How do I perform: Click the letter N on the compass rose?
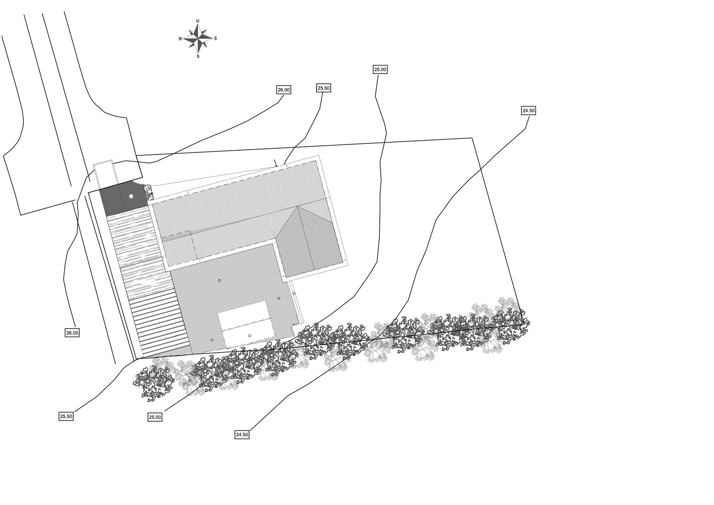point(198,21)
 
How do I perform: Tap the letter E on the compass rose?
point(216,38)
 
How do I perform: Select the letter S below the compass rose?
point(198,57)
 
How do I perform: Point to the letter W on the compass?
point(180,39)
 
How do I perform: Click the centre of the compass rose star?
point(198,39)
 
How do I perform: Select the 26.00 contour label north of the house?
point(284,90)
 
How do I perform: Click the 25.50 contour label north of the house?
point(324,88)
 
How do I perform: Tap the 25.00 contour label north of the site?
point(380,70)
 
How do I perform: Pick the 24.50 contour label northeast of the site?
point(528,111)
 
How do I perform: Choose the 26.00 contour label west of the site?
point(72,333)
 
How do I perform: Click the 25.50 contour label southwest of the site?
point(66,416)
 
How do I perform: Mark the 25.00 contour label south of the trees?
point(155,417)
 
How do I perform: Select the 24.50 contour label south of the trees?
point(242,434)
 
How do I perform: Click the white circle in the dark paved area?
point(131,196)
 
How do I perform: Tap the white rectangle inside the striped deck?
point(246,324)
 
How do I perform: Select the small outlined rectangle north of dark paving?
point(104,174)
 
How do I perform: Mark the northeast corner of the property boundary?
point(472,138)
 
